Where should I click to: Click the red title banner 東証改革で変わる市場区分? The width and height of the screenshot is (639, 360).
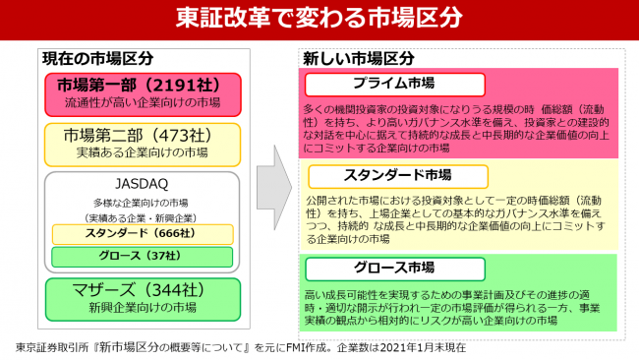click(x=320, y=19)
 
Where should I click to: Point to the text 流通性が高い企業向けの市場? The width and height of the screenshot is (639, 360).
click(x=142, y=101)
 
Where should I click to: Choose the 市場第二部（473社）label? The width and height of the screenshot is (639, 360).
click(x=142, y=135)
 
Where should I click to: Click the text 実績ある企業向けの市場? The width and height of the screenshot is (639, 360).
click(x=142, y=153)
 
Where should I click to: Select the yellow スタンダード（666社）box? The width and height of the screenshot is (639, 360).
click(x=142, y=234)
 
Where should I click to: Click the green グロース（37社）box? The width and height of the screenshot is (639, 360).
click(x=142, y=257)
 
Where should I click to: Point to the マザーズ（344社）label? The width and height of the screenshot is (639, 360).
click(x=142, y=290)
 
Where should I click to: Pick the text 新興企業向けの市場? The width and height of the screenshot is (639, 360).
click(x=142, y=309)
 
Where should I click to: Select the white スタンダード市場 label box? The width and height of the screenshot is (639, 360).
click(x=393, y=176)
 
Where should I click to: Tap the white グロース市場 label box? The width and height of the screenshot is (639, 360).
click(x=394, y=269)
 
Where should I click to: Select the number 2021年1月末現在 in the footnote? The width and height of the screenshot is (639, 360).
click(x=418, y=347)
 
